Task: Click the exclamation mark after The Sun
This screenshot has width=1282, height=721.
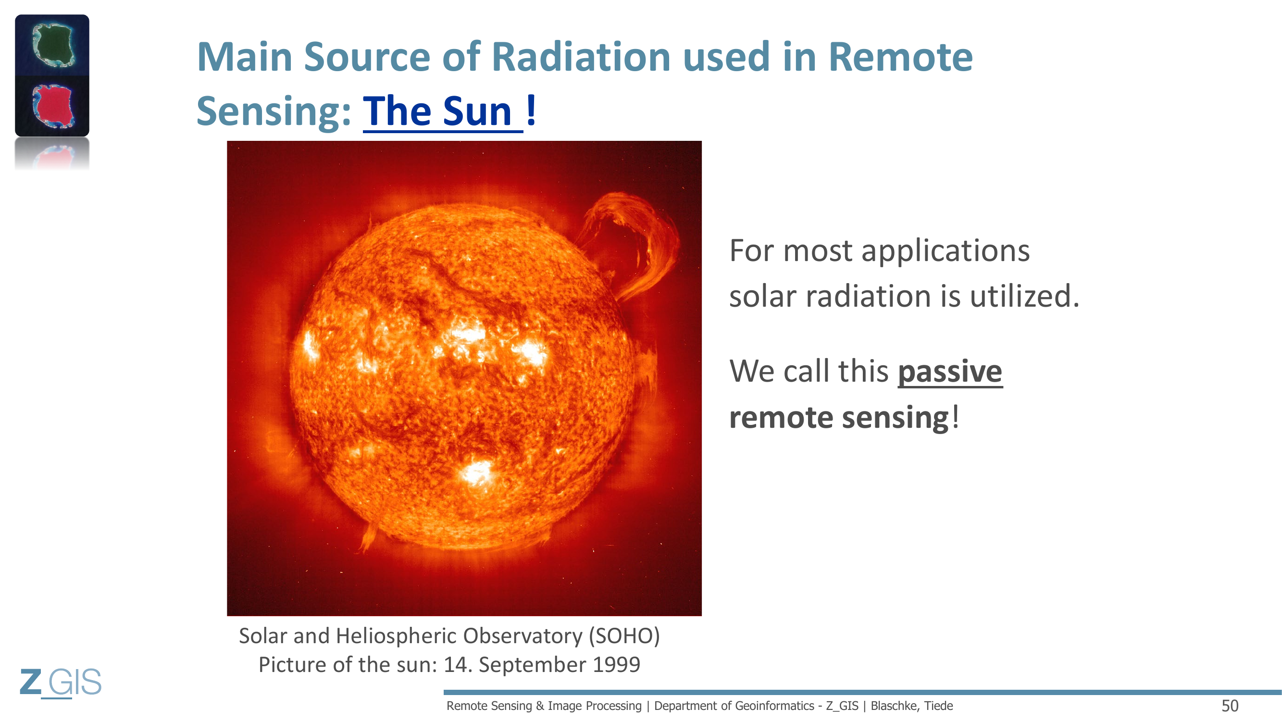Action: pyautogui.click(x=531, y=110)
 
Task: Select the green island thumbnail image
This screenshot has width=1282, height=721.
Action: pyautogui.click(x=52, y=45)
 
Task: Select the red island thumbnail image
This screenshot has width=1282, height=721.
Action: pyautogui.click(x=52, y=106)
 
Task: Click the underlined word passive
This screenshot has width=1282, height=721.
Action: pyautogui.click(x=950, y=372)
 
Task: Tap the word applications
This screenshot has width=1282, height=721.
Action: pyautogui.click(x=945, y=251)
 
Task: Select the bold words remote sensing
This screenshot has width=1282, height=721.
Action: pyautogui.click(x=840, y=417)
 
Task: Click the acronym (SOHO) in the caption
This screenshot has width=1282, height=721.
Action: pyautogui.click(x=624, y=636)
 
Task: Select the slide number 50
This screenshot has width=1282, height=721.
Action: pyautogui.click(x=1230, y=706)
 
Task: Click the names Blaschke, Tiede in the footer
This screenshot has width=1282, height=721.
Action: pyautogui.click(x=911, y=706)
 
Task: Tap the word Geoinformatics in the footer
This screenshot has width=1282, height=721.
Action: pyautogui.click(x=767, y=706)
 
